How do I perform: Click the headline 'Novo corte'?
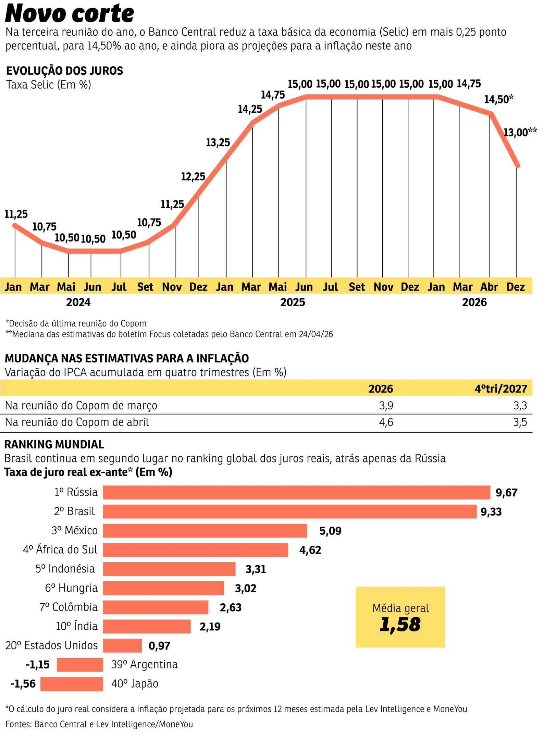click(70, 14)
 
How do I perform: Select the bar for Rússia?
click(296, 492)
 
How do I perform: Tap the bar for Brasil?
click(289, 511)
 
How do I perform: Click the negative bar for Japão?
click(72, 684)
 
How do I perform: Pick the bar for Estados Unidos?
click(122, 645)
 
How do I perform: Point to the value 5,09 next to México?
click(330, 531)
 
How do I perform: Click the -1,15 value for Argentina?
click(38, 665)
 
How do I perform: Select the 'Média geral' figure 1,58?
click(400, 625)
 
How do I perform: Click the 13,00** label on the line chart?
click(519, 132)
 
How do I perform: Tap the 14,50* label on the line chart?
click(498, 100)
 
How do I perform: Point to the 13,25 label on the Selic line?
click(218, 143)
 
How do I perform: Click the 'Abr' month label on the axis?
click(489, 287)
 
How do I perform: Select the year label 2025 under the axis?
click(293, 302)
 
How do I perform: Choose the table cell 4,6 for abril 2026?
click(386, 422)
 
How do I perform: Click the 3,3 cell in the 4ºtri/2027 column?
click(520, 406)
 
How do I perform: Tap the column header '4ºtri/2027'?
click(501, 389)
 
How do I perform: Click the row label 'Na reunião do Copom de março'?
click(81, 406)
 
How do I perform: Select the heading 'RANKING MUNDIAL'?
click(54, 444)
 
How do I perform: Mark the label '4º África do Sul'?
click(60, 550)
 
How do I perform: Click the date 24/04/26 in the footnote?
click(316, 334)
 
